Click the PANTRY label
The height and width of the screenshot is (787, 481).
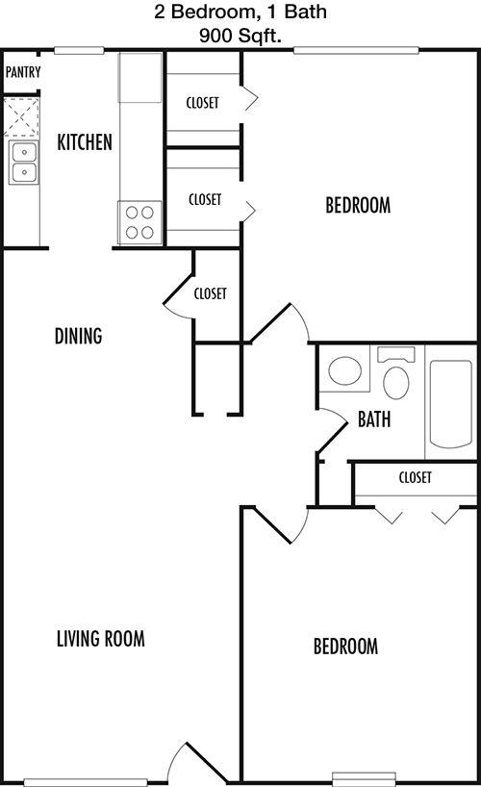(x=23, y=72)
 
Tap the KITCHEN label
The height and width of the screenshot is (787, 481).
(x=85, y=142)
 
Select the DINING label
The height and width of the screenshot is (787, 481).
(x=78, y=336)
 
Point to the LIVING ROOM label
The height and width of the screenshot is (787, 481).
(x=100, y=639)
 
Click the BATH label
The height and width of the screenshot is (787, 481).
(x=374, y=419)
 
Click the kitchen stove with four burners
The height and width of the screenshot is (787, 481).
(x=139, y=222)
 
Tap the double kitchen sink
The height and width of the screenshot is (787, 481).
(x=24, y=163)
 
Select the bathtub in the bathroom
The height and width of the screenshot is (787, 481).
(x=451, y=403)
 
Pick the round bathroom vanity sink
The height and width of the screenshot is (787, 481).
(x=345, y=371)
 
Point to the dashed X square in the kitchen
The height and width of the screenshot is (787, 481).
(x=21, y=117)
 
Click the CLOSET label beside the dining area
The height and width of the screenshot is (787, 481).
(x=210, y=293)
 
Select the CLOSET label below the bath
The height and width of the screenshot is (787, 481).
(x=416, y=477)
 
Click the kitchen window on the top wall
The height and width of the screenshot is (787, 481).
(x=79, y=50)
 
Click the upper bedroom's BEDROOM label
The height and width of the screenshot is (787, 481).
(x=358, y=205)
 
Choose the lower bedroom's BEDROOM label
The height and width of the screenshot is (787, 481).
(x=345, y=647)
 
